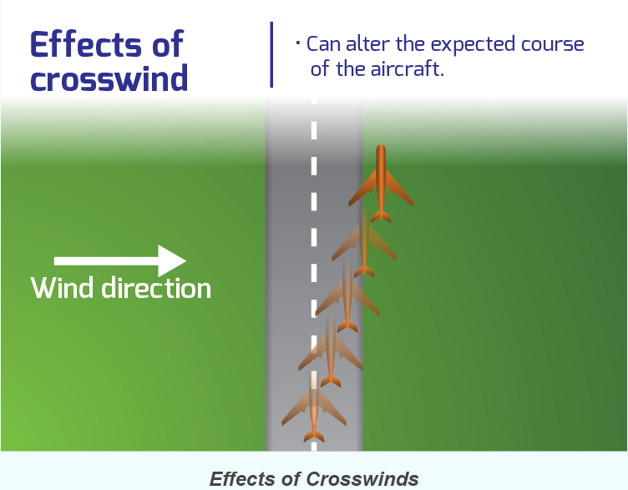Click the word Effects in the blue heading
click(86, 44)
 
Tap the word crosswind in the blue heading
click(109, 78)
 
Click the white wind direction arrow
click(120, 261)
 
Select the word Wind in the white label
click(62, 288)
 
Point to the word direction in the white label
click(156, 288)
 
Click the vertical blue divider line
click(272, 54)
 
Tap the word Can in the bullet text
click(323, 44)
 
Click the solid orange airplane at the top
click(381, 184)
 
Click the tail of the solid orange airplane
click(381, 216)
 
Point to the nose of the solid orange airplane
click(381, 146)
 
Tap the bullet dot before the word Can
click(298, 43)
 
